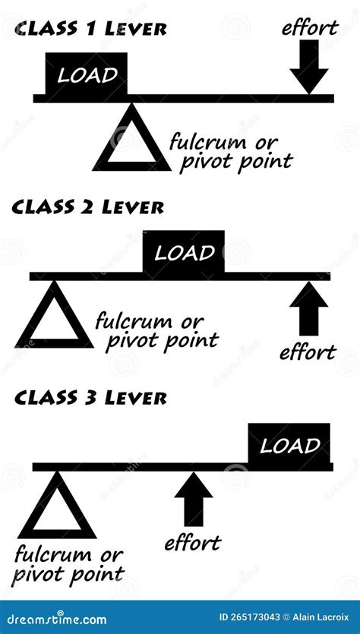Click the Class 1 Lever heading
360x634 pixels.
click(90, 29)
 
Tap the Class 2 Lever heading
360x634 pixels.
click(88, 206)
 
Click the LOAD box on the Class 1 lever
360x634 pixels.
click(87, 74)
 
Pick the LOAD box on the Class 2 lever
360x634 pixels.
click(184, 253)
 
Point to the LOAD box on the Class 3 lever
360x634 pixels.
click(289, 445)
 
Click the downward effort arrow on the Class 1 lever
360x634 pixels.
click(309, 67)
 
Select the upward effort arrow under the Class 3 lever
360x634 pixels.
click(194, 499)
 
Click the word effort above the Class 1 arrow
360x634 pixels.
click(309, 28)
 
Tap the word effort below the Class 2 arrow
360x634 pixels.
click(307, 352)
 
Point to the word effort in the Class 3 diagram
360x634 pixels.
click(192, 542)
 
